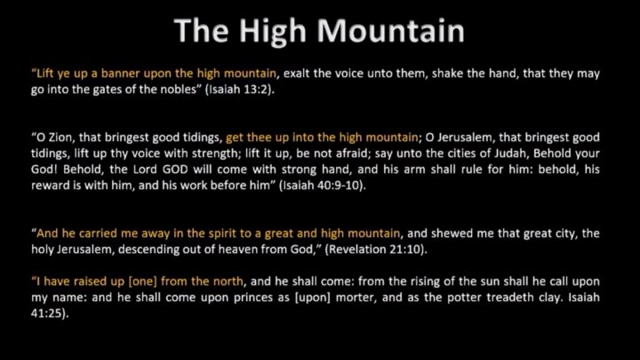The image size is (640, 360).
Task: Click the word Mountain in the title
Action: (390, 31)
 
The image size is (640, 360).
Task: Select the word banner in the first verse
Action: (121, 74)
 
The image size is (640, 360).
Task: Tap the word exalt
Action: (296, 74)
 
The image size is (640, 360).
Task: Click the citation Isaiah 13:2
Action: (239, 90)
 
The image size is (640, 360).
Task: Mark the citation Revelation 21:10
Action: (375, 250)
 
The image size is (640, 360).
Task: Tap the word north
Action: (227, 282)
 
